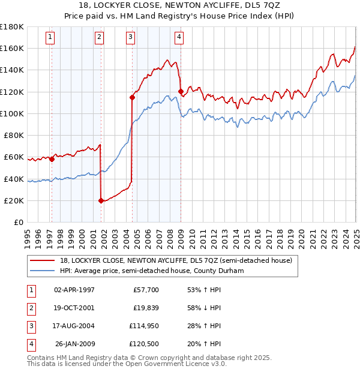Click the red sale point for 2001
click(x=101, y=201)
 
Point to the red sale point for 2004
click(x=131, y=97)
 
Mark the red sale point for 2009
click(x=180, y=91)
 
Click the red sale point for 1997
click(x=52, y=159)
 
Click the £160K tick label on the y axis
click(x=12, y=48)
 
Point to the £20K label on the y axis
click(x=14, y=200)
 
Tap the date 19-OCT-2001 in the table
click(x=74, y=308)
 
